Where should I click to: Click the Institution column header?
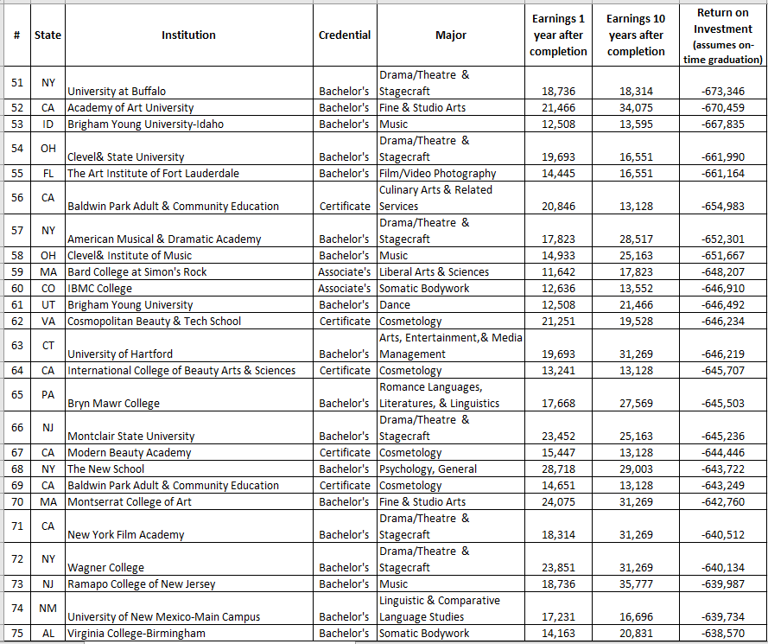pos(188,35)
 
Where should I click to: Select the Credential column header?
pos(344,35)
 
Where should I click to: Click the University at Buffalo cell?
pos(117,92)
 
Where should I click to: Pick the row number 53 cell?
pos(17,124)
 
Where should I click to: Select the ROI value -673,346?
pos(723,92)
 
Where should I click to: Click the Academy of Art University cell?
pos(130,108)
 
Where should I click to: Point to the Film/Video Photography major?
pos(437,174)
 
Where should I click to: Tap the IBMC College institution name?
pos(100,289)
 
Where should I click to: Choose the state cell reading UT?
pos(48,305)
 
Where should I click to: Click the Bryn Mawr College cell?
pos(113,404)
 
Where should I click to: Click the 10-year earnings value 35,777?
pos(636,584)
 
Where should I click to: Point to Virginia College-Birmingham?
pos(136,634)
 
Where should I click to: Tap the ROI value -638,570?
pos(723,634)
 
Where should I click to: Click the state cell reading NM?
pos(48,608)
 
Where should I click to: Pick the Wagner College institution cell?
pos(106,568)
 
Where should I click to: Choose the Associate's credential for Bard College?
pos(344,272)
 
